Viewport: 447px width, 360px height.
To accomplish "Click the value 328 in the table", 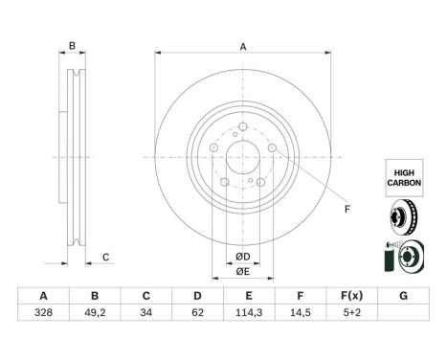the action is click(43, 312).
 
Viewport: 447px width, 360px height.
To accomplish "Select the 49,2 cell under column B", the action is click(95, 312).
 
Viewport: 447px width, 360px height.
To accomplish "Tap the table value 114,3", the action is click(249, 312).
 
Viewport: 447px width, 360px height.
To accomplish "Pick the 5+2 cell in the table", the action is click(352, 312).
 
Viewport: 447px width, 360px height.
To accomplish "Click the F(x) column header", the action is click(352, 296).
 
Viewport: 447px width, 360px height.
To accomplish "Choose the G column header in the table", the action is click(403, 296).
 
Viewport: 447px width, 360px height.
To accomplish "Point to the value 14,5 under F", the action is click(301, 312).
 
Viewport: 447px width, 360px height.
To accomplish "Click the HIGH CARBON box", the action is click(404, 178).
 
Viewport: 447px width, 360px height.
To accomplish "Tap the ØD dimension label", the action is click(243, 257).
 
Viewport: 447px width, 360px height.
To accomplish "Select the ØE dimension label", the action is click(243, 272).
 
